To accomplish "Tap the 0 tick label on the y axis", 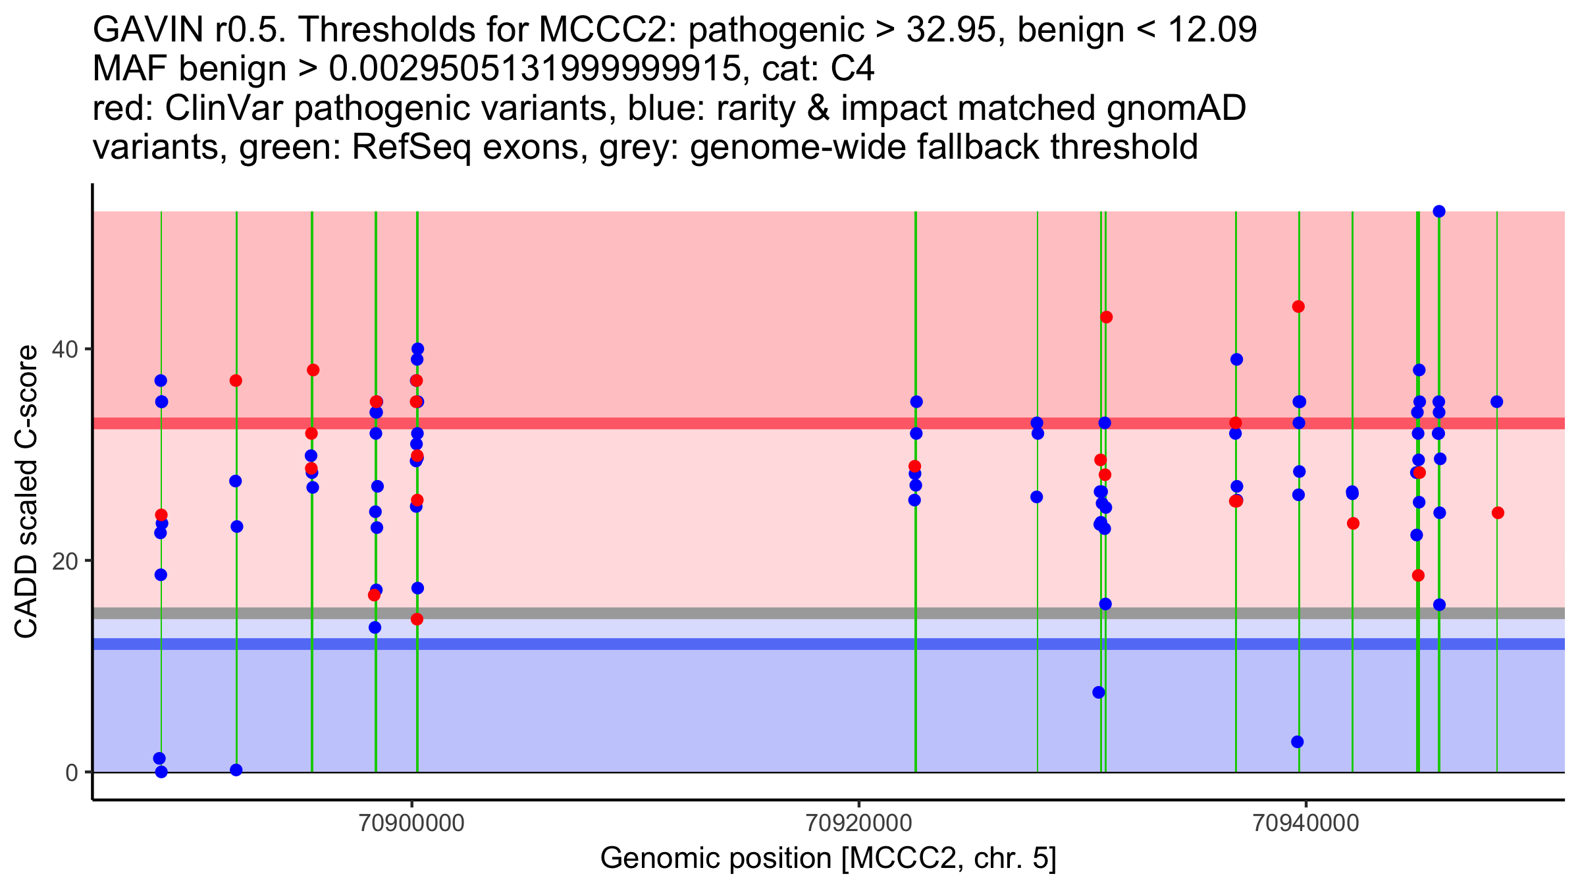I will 72,772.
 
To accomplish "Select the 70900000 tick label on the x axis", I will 413,824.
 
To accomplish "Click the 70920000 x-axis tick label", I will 859,824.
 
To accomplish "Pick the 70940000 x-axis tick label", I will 1305,824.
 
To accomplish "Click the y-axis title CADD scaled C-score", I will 26,492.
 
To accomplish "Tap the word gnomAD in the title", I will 1176,108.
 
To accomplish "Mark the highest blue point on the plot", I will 1439,211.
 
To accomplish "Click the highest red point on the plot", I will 1298,307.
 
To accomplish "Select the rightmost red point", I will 1498,513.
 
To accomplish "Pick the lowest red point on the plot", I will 417,619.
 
